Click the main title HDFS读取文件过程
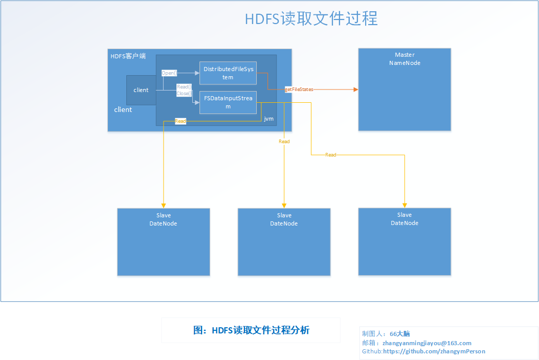(311, 18)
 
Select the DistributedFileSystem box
(228, 73)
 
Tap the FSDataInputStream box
(228, 102)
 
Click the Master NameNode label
(405, 59)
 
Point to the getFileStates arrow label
(299, 89)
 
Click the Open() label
(169, 73)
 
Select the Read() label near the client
(184, 86)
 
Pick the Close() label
(184, 93)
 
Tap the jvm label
(269, 119)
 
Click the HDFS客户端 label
(128, 56)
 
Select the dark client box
(141, 90)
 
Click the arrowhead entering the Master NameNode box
(356, 89)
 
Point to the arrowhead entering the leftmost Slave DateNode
(164, 206)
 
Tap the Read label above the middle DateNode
(284, 141)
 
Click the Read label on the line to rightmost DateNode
(331, 155)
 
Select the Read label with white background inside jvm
(181, 121)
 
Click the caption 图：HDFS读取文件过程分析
(251, 330)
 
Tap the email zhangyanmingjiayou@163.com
(427, 343)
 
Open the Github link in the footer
(434, 351)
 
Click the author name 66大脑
(400, 334)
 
